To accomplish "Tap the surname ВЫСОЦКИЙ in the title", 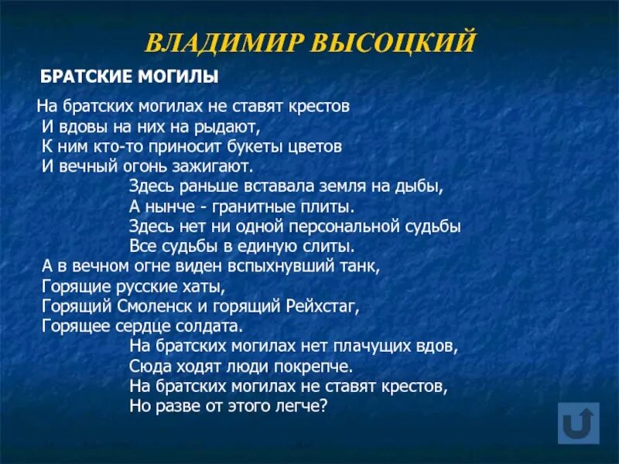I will tap(392, 42).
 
